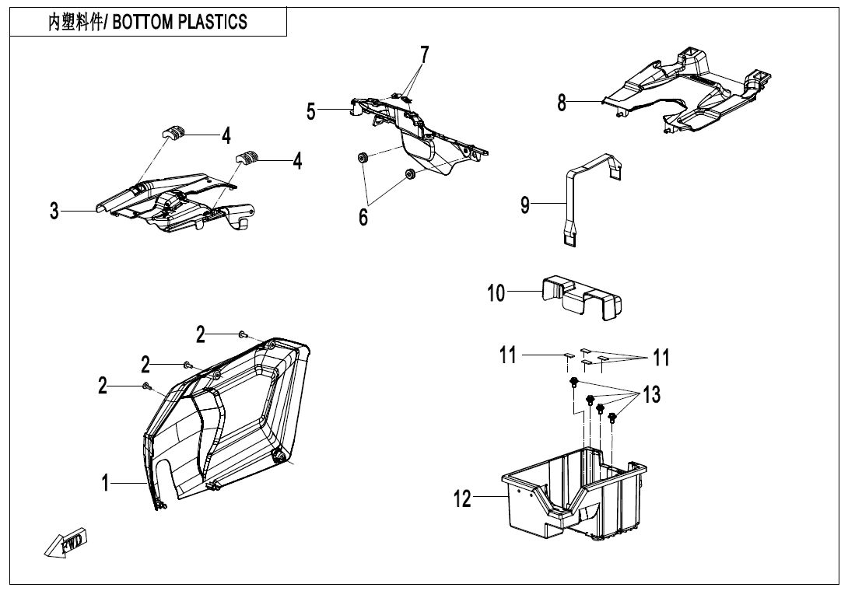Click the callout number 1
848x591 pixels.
(105, 483)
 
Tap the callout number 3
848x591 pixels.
(54, 211)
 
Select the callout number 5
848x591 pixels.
(311, 112)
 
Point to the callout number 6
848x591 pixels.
(363, 217)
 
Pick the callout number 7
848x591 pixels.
(424, 55)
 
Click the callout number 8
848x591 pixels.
(562, 103)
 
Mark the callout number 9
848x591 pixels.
(525, 205)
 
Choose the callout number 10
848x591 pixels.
(496, 293)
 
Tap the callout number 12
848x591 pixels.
(462, 498)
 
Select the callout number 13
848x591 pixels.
(652, 394)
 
